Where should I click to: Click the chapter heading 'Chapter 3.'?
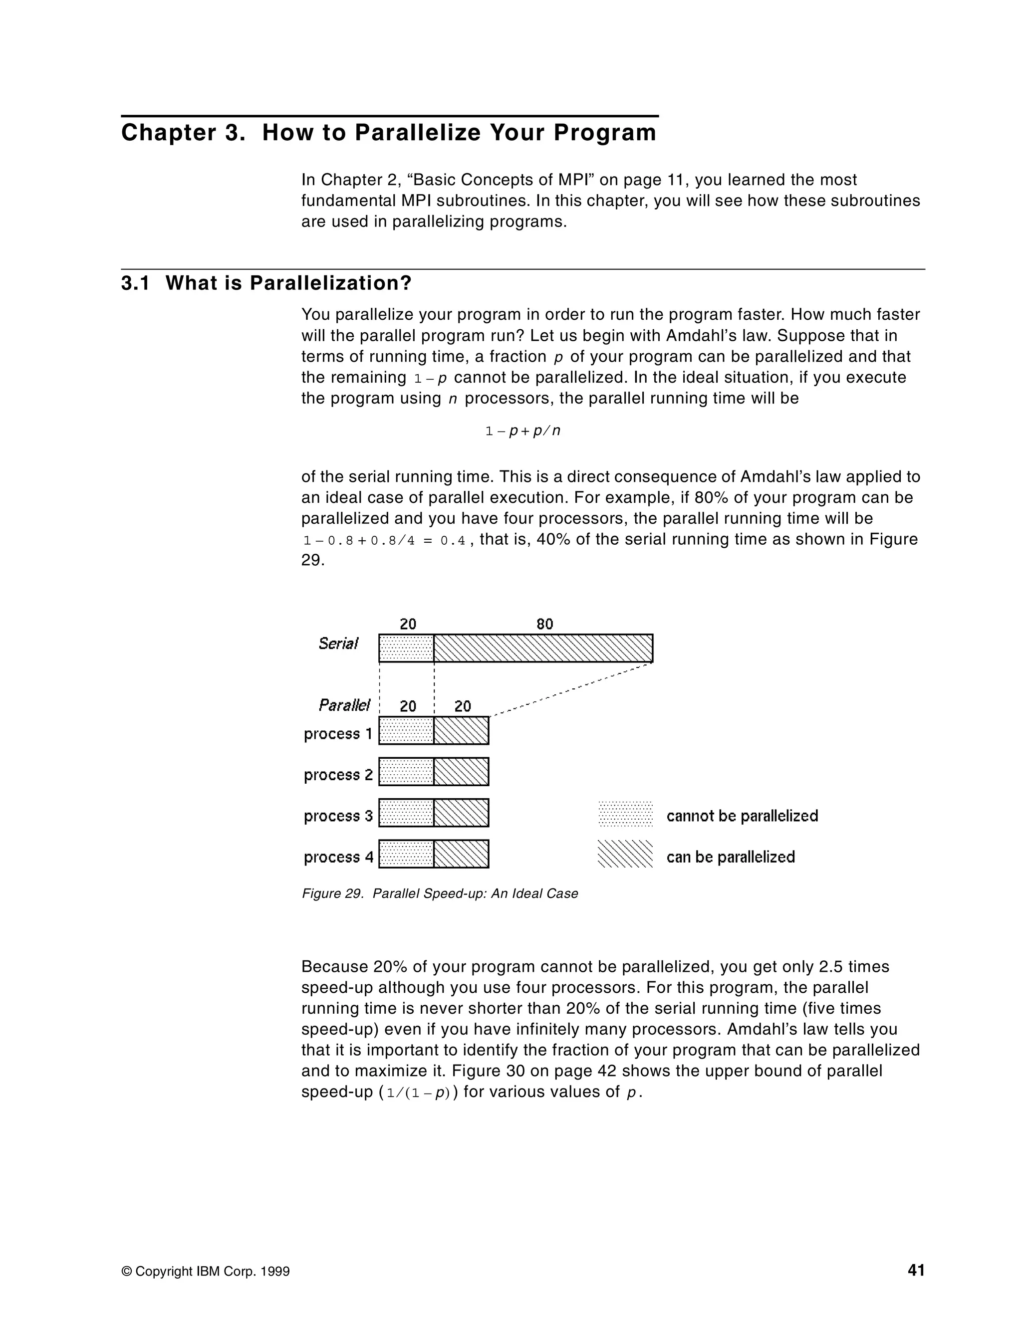pyautogui.click(x=183, y=133)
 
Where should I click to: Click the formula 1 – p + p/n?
pyautogui.click(x=522, y=431)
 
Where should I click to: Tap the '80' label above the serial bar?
pyautogui.click(x=544, y=624)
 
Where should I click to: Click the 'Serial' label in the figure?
pyautogui.click(x=338, y=644)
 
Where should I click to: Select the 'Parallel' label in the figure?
pyautogui.click(x=344, y=705)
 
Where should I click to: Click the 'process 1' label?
pyautogui.click(x=338, y=734)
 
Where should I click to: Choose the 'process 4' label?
pyautogui.click(x=338, y=857)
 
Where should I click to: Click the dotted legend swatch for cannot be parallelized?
pyautogui.click(x=625, y=815)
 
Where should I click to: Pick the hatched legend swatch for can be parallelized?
pyautogui.click(x=625, y=854)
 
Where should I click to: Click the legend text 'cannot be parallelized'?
pyautogui.click(x=742, y=816)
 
